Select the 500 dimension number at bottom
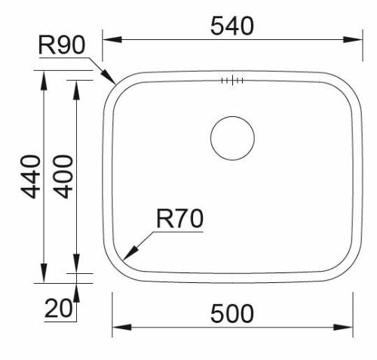tap(231, 312)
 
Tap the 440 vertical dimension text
tap(30, 176)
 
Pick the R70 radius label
tap(179, 220)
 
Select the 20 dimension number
tap(59, 308)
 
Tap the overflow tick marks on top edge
tap(231, 79)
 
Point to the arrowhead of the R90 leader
tap(111, 79)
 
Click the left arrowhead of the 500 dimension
tap(118, 328)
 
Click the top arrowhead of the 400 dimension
tap(77, 85)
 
